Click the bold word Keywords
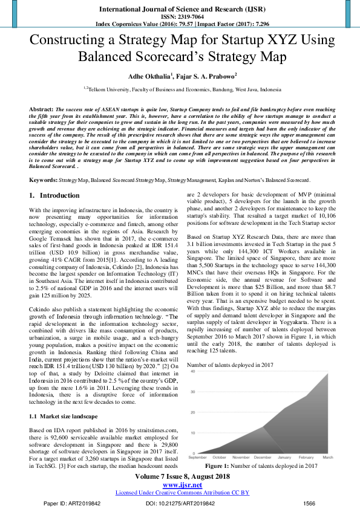point(44,180)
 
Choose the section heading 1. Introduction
point(55,196)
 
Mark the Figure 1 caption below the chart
point(261,466)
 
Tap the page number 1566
point(310,503)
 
